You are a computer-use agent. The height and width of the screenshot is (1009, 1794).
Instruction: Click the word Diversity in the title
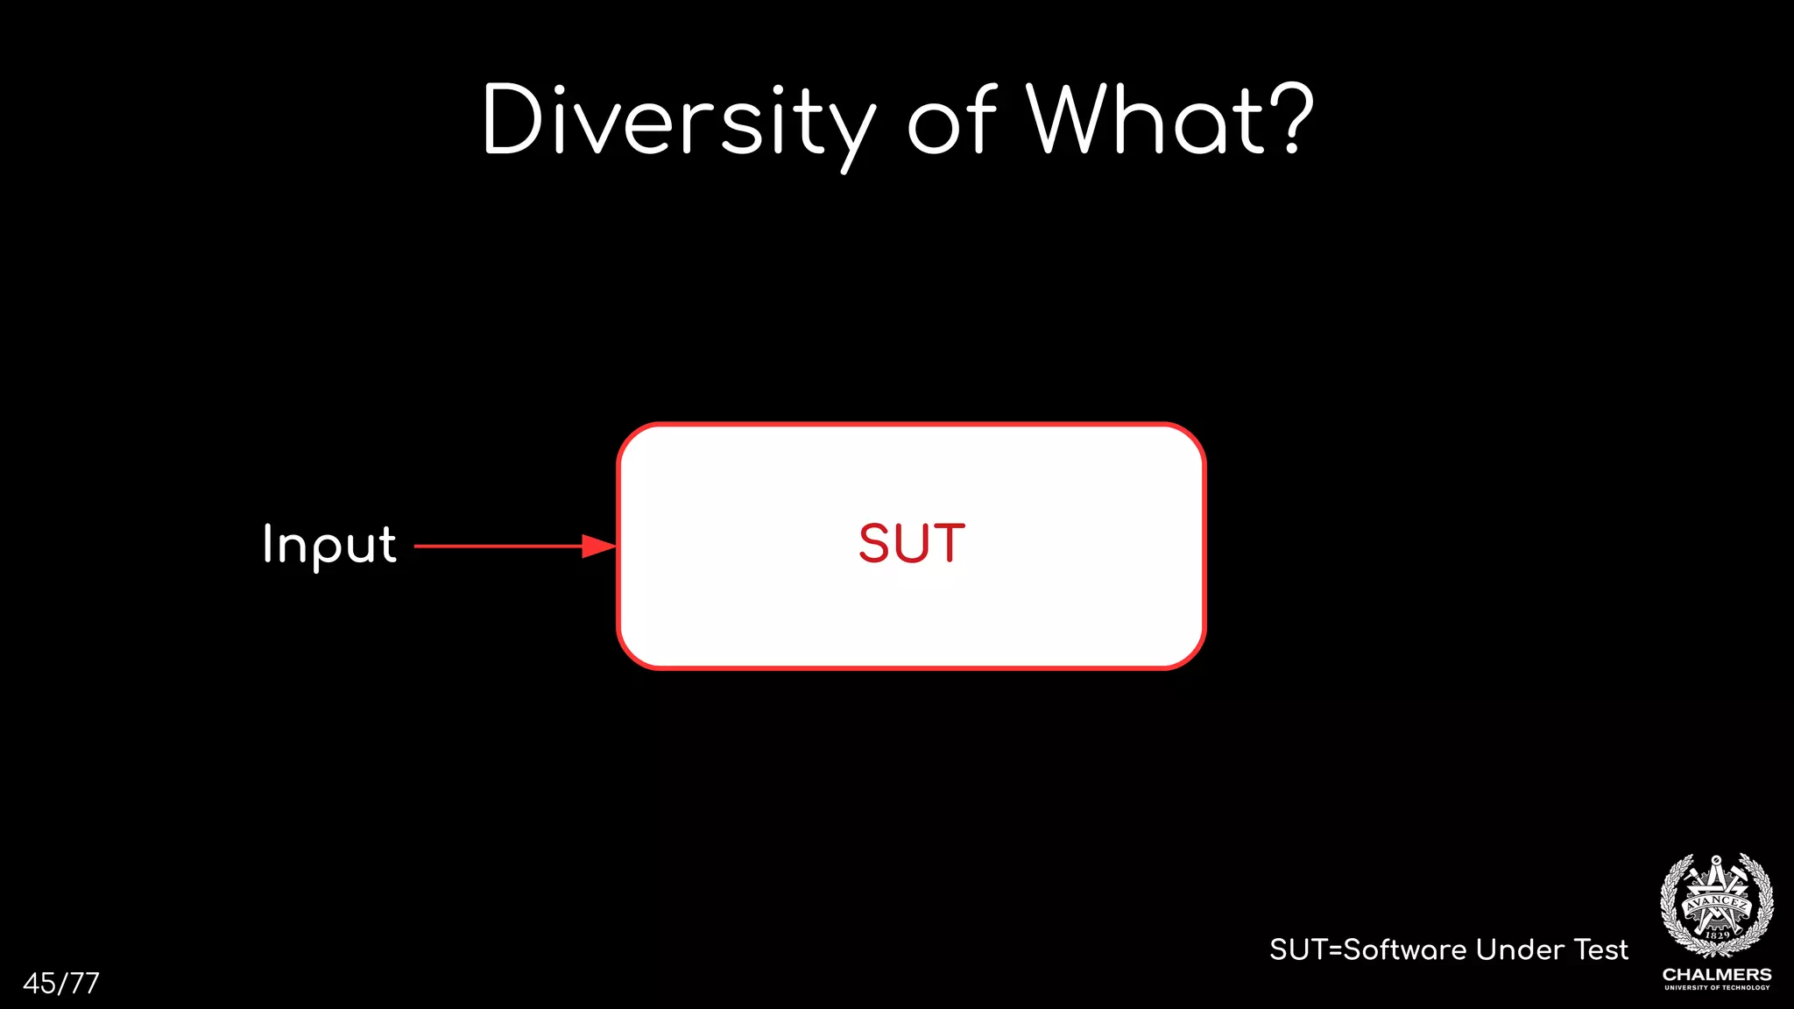(x=679, y=123)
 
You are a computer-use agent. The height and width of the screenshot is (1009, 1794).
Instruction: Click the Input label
(x=329, y=545)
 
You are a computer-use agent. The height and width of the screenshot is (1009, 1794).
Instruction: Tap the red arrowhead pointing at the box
(x=600, y=546)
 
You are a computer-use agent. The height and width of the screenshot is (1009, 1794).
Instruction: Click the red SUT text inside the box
(x=912, y=544)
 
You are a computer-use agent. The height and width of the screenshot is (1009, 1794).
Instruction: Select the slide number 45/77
(x=61, y=983)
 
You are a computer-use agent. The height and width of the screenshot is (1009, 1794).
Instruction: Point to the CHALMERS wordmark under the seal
(x=1717, y=974)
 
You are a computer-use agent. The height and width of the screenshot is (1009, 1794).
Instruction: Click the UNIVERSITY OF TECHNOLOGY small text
(x=1717, y=987)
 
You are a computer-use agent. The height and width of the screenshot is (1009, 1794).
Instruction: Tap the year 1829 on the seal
(x=1718, y=935)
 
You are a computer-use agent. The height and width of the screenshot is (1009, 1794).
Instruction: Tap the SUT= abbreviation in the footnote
(x=1305, y=949)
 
